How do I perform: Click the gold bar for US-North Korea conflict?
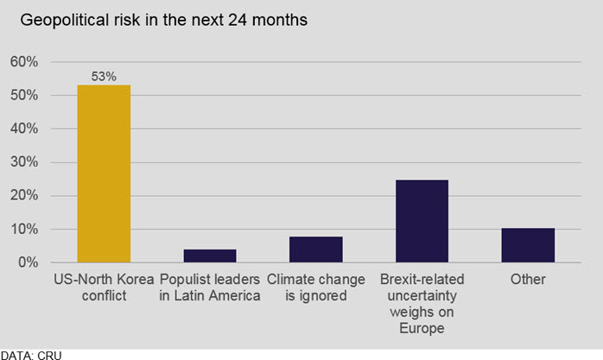[x=104, y=173]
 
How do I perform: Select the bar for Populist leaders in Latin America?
[x=210, y=256]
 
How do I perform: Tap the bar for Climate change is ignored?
[x=316, y=249]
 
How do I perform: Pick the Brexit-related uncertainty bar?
[x=422, y=220]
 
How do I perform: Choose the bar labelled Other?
[x=528, y=244]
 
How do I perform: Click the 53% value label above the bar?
[x=104, y=77]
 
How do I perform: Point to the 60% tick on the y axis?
[x=23, y=62]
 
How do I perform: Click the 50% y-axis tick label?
[x=23, y=96]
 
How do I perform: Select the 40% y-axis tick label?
[x=23, y=129]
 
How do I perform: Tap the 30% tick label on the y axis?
[x=23, y=162]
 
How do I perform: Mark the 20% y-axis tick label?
[x=23, y=196]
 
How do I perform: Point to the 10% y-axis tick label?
[x=23, y=230]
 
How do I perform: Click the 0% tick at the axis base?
[x=27, y=262]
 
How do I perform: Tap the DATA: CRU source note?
[x=32, y=354]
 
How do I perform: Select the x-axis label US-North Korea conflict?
[x=104, y=287]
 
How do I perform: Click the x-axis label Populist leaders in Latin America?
[x=210, y=287]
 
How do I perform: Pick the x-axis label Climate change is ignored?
[x=316, y=287]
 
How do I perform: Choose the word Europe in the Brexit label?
[x=422, y=328]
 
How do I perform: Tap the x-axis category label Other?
[x=528, y=279]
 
